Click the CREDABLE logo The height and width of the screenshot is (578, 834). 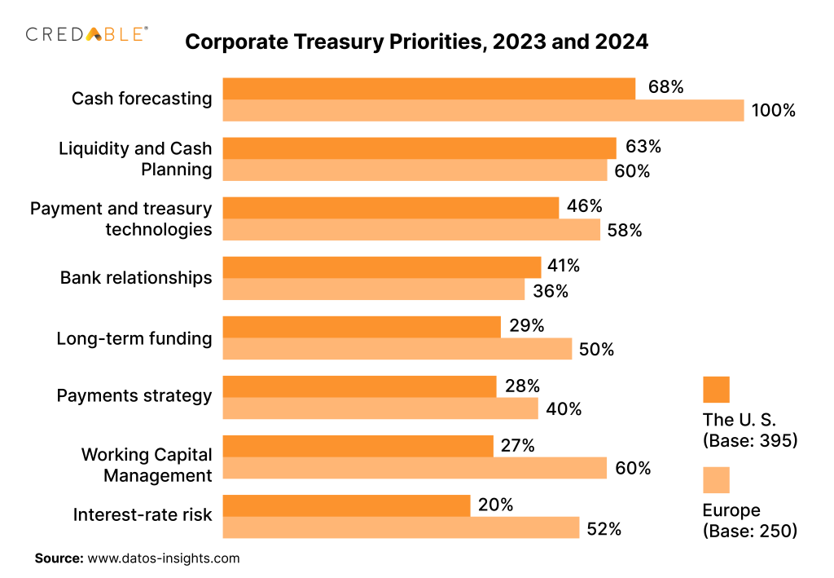tap(87, 33)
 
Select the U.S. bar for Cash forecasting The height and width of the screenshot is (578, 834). tap(428, 88)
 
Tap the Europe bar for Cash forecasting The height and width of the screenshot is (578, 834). tap(483, 110)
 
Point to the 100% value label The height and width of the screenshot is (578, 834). tap(773, 110)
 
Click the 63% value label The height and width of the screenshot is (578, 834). tap(643, 148)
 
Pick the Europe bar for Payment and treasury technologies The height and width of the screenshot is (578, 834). tap(411, 230)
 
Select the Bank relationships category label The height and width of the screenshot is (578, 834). tap(136, 278)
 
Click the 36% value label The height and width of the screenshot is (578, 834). tap(551, 290)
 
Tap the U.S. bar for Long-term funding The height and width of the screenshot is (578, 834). tap(362, 327)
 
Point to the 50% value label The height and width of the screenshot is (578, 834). tap(596, 350)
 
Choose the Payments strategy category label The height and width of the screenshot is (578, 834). tap(134, 396)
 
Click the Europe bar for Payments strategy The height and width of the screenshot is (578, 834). tap(380, 408)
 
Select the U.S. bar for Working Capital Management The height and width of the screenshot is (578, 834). tap(358, 445)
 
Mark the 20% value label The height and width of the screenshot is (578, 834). tap(495, 505)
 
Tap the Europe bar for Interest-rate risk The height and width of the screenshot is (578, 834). tap(401, 527)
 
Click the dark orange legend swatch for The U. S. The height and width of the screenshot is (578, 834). tap(716, 390)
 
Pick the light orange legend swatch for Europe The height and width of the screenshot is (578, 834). tap(716, 480)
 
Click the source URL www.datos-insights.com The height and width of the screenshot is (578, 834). tap(164, 558)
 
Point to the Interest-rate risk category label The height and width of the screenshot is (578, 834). tap(143, 515)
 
